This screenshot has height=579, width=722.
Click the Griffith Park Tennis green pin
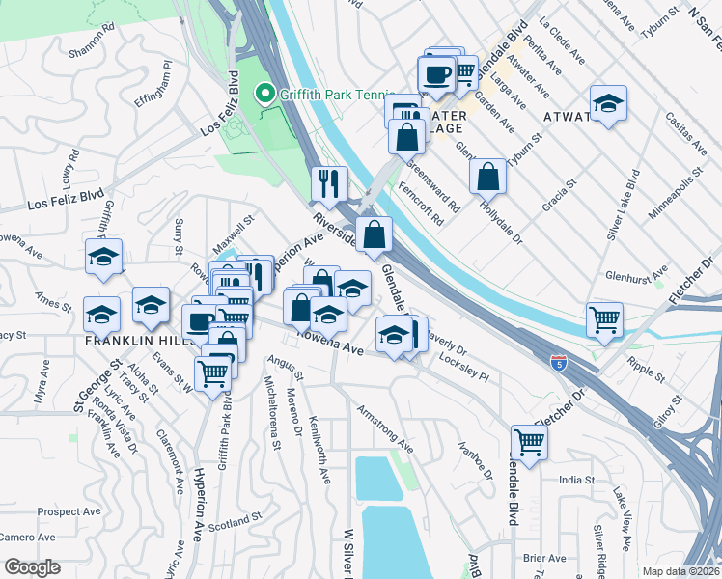(262, 94)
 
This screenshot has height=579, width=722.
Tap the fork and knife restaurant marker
(328, 182)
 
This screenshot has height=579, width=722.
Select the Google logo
(32, 567)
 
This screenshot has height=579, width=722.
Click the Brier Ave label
(543, 558)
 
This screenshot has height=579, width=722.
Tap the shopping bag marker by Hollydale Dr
(489, 177)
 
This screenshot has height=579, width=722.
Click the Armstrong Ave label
(385, 429)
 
